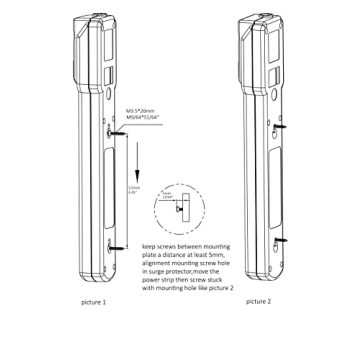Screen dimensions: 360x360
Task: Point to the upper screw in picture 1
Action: [x=112, y=128]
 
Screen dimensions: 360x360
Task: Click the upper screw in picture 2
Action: [x=283, y=128]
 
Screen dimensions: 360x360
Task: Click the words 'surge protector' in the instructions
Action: [x=168, y=269]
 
